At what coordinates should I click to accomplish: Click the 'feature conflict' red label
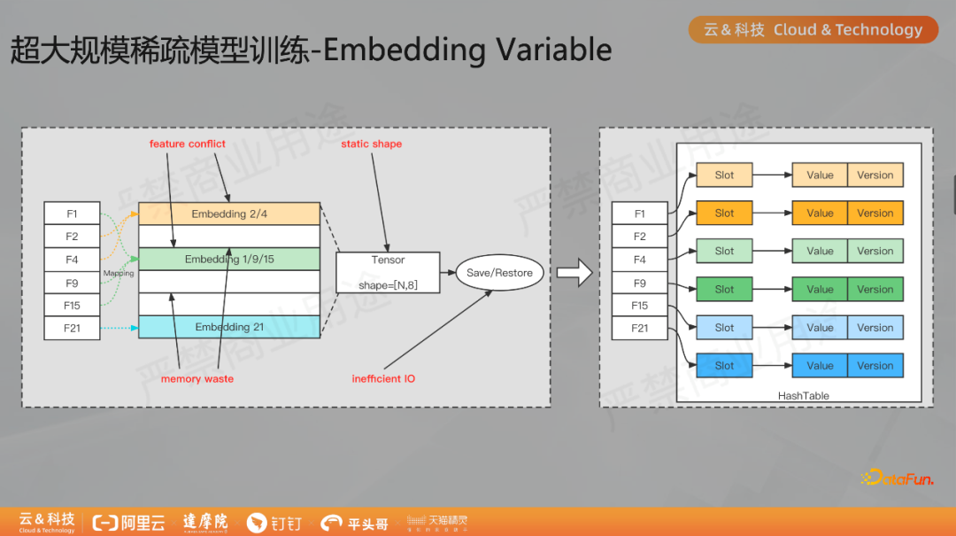click(x=187, y=144)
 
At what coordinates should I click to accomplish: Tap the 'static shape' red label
click(x=371, y=144)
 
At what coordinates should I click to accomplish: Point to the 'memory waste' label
click(x=197, y=378)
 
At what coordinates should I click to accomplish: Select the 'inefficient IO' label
click(x=383, y=378)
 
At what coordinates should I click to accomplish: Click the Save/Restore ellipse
click(x=499, y=273)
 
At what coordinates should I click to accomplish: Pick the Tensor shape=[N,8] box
click(x=388, y=273)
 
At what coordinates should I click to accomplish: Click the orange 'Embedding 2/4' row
click(x=229, y=214)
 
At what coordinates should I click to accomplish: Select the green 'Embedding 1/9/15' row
click(x=229, y=260)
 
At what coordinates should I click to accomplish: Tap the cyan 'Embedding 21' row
click(x=229, y=327)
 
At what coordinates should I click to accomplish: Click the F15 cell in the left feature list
click(x=72, y=306)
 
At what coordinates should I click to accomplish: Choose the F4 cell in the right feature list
click(x=639, y=260)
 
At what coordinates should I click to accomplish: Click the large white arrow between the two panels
click(x=574, y=273)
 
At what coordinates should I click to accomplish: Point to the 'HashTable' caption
click(x=803, y=395)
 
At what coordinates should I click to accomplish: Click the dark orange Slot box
click(x=724, y=214)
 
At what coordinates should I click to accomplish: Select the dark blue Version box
click(x=875, y=366)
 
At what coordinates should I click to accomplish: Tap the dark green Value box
click(x=820, y=290)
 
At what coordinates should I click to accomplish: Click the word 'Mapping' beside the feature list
click(x=119, y=274)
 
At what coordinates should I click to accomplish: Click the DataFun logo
click(x=896, y=478)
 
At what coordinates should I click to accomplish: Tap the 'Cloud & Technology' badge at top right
click(x=813, y=30)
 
